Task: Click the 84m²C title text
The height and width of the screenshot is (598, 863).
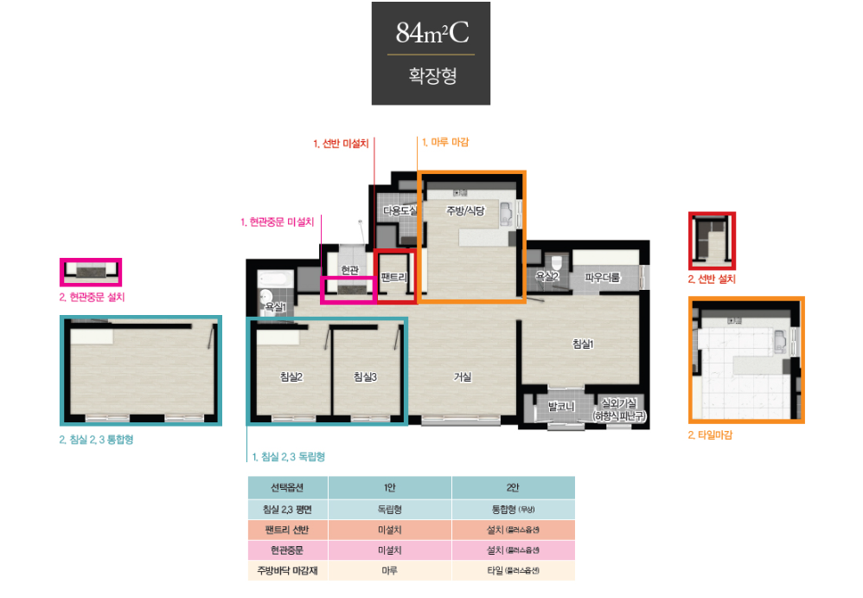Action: pyautogui.click(x=431, y=33)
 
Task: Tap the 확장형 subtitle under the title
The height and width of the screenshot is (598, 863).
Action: pyautogui.click(x=431, y=75)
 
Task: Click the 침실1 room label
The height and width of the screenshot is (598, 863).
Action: pyautogui.click(x=584, y=344)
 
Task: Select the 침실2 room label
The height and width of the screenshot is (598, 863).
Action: pyautogui.click(x=291, y=376)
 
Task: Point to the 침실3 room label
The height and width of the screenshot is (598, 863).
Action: pyautogui.click(x=365, y=376)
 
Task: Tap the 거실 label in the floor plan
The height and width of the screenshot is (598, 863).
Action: pyautogui.click(x=463, y=376)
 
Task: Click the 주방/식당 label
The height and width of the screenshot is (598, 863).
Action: pyautogui.click(x=466, y=210)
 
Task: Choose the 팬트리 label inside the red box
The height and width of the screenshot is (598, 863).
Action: pyautogui.click(x=393, y=277)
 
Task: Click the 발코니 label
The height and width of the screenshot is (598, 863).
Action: pyautogui.click(x=561, y=406)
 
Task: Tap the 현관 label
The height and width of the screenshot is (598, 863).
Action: pyautogui.click(x=349, y=270)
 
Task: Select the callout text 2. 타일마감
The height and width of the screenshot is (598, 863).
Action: pyautogui.click(x=710, y=435)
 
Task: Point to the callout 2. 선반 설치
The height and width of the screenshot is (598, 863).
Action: pyautogui.click(x=712, y=280)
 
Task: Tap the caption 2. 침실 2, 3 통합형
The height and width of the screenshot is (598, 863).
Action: pyautogui.click(x=96, y=440)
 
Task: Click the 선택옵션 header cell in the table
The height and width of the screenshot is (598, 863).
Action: pyautogui.click(x=287, y=487)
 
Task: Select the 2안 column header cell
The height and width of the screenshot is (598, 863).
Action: pyautogui.click(x=513, y=487)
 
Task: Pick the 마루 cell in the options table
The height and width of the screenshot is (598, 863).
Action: pyautogui.click(x=389, y=570)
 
